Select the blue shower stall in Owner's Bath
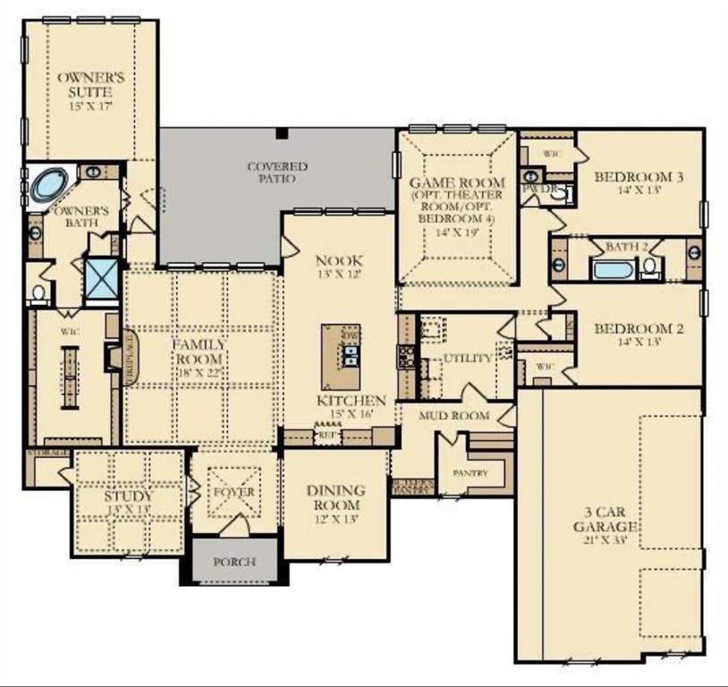point(101,278)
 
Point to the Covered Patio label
point(277,173)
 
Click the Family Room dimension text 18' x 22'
point(200,373)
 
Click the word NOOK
point(339,260)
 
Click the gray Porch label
point(234,562)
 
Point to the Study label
point(128,496)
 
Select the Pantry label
point(470,471)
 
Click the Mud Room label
point(455,416)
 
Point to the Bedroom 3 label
point(639,177)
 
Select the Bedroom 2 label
point(639,328)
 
